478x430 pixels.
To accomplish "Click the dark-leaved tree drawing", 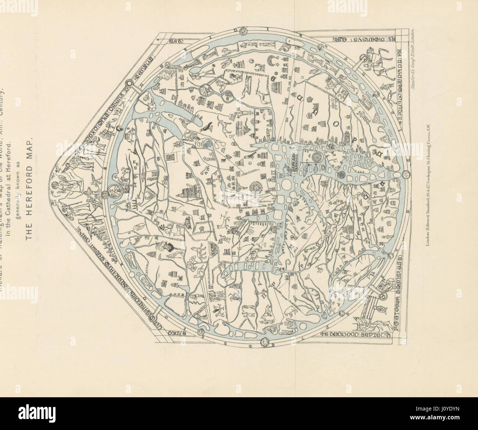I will point(172,249).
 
